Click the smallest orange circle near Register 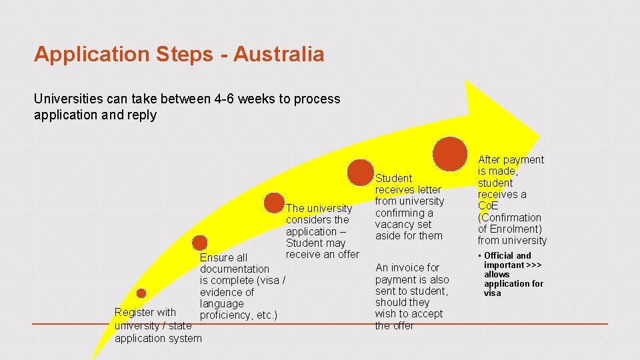click(141, 293)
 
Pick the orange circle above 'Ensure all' click(199, 243)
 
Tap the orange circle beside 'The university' click(274, 203)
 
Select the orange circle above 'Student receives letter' click(361, 173)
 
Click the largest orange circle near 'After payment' click(450, 153)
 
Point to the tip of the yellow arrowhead click(539, 130)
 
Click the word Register click(135, 312)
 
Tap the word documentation click(235, 269)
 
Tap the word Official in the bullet click(499, 255)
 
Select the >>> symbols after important click(533, 265)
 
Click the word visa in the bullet click(492, 293)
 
